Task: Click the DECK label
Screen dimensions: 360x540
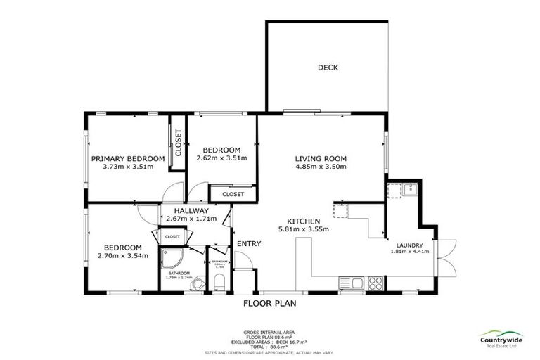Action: pos(328,67)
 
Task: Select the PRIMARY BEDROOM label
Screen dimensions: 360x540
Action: pos(128,158)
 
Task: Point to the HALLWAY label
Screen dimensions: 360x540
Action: pos(191,210)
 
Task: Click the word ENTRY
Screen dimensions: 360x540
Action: pos(249,244)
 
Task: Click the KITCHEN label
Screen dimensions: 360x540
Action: pos(304,219)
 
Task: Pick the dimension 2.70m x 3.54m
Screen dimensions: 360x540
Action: pos(123,257)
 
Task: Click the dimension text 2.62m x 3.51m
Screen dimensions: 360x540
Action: pos(221,158)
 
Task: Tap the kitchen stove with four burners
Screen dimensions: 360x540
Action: pos(375,283)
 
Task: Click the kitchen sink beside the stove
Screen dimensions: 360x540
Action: pos(355,283)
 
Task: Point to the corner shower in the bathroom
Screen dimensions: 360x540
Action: pos(173,260)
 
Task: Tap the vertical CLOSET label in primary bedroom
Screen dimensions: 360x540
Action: pos(178,143)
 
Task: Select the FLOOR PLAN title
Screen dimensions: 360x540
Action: pos(269,304)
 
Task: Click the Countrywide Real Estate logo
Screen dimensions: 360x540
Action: pos(501,338)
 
